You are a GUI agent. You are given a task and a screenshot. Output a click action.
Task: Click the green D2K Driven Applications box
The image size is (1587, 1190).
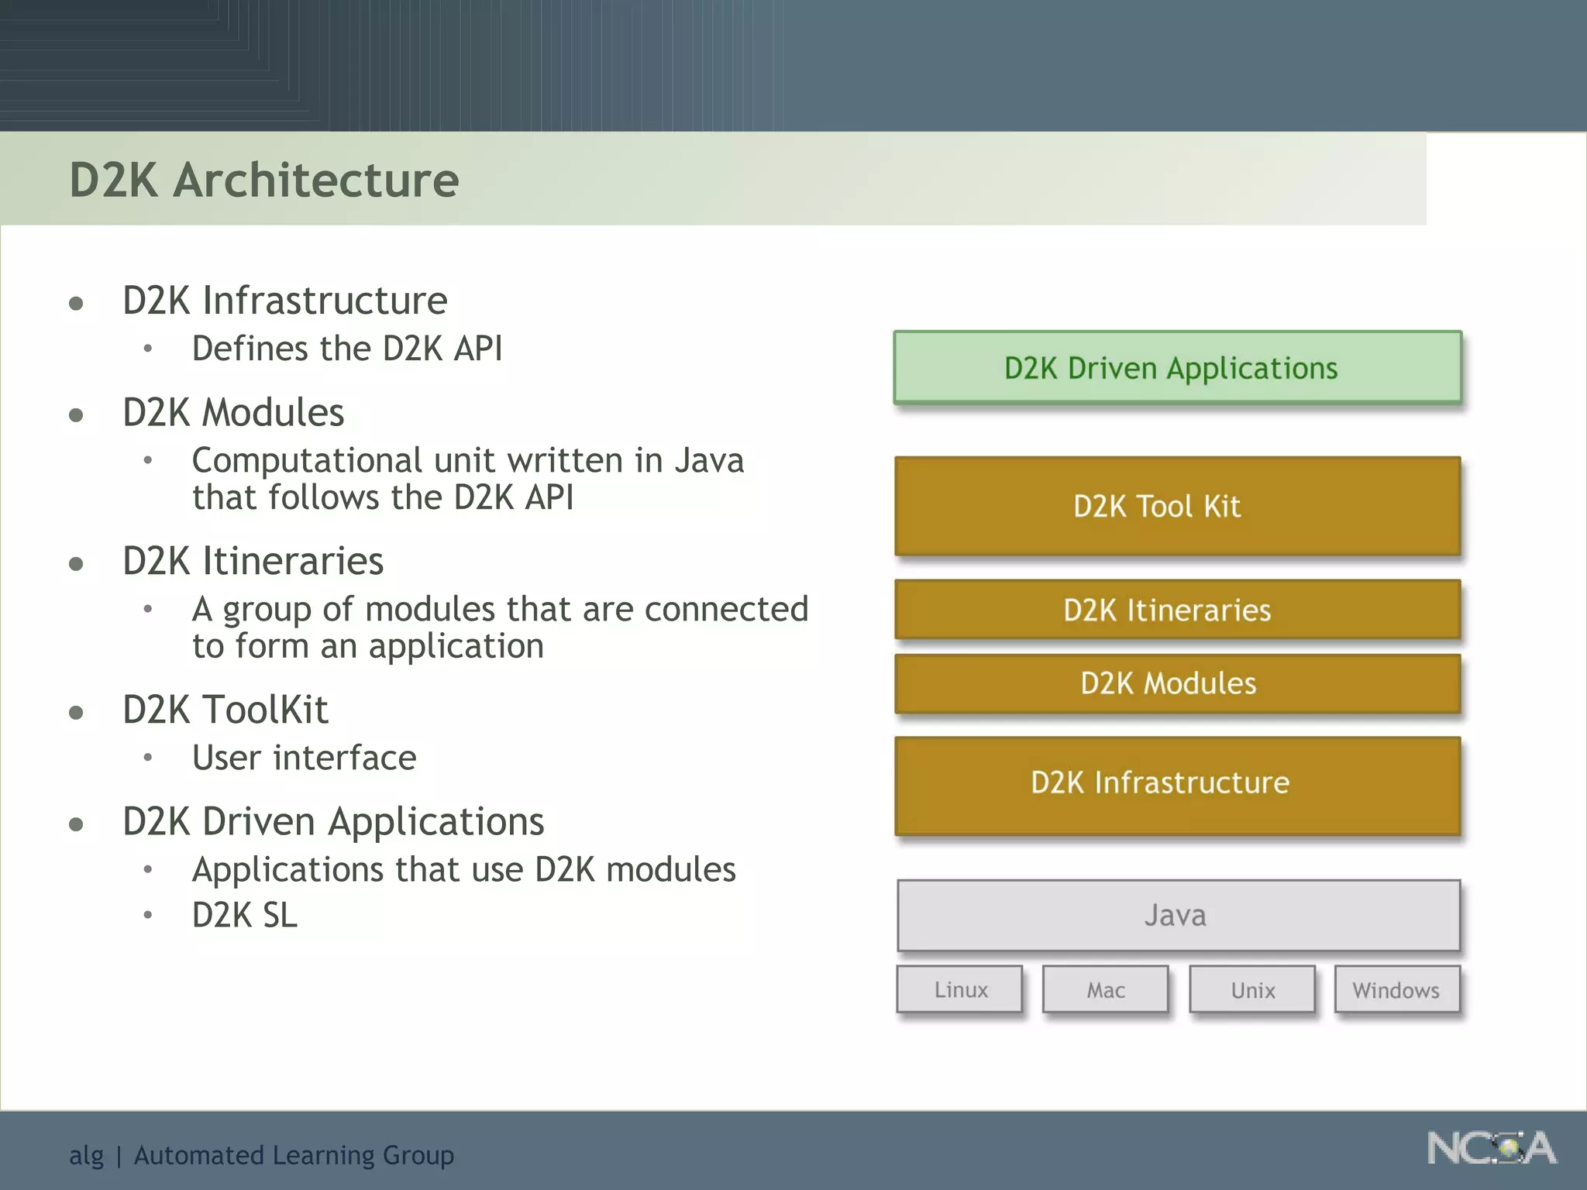tap(1177, 368)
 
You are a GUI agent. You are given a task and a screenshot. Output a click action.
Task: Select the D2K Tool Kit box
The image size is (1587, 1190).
tap(1177, 506)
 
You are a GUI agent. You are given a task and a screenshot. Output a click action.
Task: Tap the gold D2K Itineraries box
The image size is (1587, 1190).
tap(1177, 610)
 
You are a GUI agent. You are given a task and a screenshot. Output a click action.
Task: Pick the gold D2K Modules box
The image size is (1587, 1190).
tap(1177, 683)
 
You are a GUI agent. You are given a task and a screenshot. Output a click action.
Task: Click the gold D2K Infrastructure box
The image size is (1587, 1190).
tap(1177, 784)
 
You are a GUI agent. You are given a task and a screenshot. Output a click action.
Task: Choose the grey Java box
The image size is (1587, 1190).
tap(1177, 915)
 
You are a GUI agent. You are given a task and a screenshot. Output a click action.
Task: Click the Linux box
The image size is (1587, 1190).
tap(960, 989)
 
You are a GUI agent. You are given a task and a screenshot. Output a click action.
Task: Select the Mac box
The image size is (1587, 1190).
tap(1105, 989)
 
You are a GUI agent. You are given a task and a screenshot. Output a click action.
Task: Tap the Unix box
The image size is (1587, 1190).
tap(1252, 989)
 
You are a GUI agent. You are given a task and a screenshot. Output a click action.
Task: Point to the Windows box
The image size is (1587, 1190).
tap(1396, 989)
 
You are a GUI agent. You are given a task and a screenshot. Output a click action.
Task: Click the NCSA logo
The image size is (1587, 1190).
tap(1491, 1148)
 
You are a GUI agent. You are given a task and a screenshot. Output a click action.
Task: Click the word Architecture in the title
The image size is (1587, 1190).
tap(315, 181)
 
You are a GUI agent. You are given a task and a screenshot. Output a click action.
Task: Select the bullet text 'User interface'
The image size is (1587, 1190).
tap(304, 758)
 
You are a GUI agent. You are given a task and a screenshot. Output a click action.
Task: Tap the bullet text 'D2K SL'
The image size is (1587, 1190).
tap(244, 915)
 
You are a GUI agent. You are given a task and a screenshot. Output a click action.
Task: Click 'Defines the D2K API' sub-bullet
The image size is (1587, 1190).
tap(347, 349)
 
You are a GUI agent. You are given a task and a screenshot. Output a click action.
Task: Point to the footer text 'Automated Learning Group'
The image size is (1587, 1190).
tap(294, 1155)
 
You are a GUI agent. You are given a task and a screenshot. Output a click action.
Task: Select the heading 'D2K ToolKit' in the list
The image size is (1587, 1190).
tap(225, 710)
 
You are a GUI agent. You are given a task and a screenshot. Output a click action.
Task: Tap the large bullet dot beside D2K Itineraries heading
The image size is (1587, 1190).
tap(76, 564)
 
